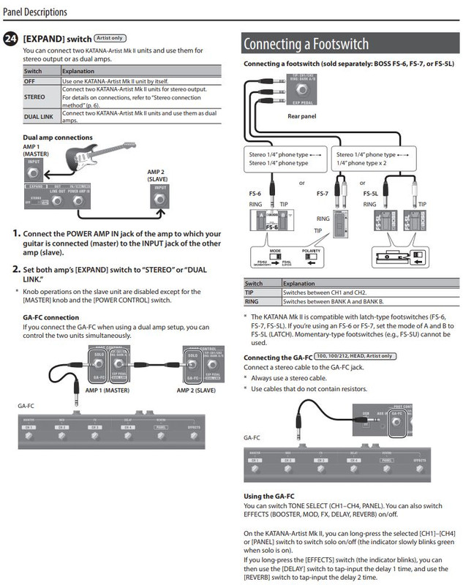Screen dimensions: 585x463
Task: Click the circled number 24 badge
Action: tap(11, 38)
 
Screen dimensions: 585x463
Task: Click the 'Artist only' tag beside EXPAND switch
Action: tap(108, 37)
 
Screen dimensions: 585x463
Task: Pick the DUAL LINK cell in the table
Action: tap(40, 116)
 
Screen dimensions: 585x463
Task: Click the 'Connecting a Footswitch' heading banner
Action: tap(306, 44)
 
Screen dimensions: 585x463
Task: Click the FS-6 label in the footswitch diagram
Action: tap(249, 195)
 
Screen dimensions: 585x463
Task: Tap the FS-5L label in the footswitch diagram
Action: tap(371, 195)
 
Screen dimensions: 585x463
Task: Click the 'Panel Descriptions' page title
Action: tap(36, 12)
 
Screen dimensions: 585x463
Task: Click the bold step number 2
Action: tap(16, 269)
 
